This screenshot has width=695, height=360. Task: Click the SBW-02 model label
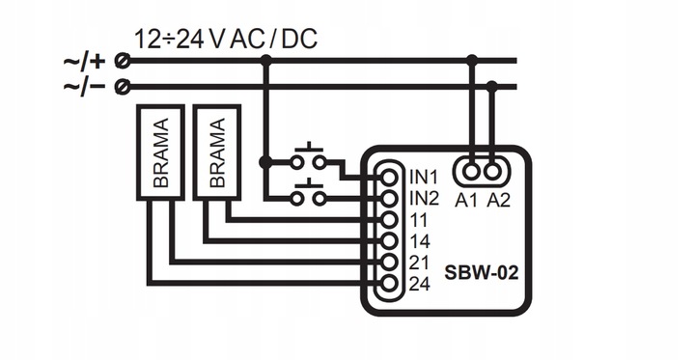482,273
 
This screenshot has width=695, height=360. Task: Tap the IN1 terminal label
425,178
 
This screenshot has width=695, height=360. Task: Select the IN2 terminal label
425,199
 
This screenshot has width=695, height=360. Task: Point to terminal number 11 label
418,220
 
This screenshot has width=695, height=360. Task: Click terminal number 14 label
419,241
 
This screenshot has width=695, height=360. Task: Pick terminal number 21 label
419,263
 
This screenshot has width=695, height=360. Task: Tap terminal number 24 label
419,284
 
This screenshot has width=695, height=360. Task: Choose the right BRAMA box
215,152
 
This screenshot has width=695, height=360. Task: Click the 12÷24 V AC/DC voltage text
226,40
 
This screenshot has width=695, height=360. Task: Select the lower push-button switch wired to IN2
310,196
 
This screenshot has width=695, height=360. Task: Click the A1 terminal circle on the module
471,171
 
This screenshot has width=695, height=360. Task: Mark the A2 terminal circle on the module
493,171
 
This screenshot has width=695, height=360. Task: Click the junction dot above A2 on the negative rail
493,87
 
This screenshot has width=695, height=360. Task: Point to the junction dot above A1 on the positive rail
471,61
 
